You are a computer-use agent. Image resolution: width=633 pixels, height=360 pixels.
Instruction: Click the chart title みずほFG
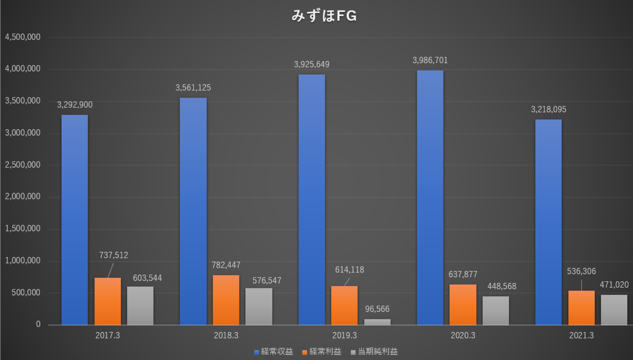point(324,16)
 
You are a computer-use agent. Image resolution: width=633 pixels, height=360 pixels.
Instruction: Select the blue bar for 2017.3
point(74,220)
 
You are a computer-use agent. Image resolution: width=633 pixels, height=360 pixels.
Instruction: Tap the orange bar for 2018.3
point(226,300)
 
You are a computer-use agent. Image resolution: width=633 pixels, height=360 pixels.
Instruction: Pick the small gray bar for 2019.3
point(377,322)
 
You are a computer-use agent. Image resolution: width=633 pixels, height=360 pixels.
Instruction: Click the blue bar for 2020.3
point(430,197)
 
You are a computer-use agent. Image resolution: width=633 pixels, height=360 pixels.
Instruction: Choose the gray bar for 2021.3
point(614,310)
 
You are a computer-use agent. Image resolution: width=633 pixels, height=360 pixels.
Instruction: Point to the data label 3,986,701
point(430,60)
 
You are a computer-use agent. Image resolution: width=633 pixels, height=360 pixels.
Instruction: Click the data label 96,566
point(377,309)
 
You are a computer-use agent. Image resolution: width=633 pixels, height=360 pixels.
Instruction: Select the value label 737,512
point(113,255)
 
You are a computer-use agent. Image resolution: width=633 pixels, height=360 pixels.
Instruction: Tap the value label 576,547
point(267,280)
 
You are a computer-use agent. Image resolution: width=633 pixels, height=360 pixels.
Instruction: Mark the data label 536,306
point(581,271)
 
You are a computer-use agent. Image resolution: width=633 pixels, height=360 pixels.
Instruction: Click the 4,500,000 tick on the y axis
point(23,37)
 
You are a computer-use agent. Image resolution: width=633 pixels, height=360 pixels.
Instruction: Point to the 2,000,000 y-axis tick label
point(23,196)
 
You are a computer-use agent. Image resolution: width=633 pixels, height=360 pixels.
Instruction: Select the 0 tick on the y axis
point(38,324)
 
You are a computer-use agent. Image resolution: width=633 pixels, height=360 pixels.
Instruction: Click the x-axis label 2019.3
point(344,336)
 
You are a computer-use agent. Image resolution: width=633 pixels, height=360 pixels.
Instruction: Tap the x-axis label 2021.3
point(581,336)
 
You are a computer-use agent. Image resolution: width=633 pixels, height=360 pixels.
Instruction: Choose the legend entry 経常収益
point(274,352)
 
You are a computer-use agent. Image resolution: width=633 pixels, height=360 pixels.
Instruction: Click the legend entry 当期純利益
point(374,352)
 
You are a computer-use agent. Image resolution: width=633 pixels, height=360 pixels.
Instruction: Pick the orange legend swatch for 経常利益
point(304,353)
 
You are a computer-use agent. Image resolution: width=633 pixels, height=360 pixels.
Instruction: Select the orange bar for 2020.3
point(463,305)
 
